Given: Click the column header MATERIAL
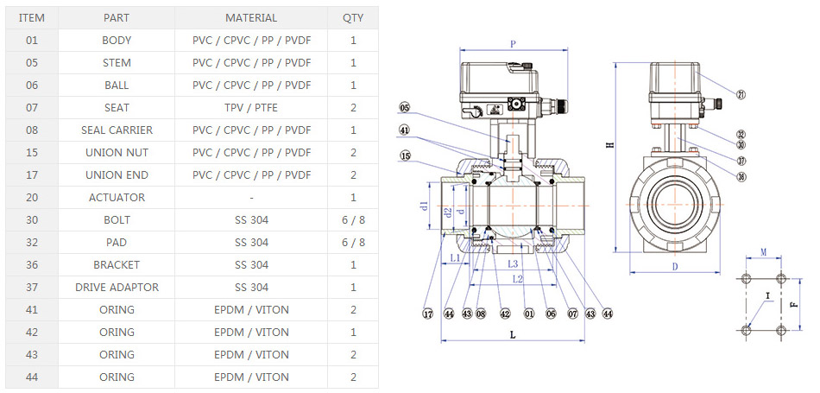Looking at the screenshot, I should point(251,17).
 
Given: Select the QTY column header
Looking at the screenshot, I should point(353,17).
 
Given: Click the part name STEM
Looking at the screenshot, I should point(117,62).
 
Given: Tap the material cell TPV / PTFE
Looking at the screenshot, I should point(251,107).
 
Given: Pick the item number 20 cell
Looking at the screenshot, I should point(32,197).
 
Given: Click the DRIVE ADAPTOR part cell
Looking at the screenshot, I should point(117,287).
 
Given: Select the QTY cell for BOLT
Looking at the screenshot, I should point(353,219).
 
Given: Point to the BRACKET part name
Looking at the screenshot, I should point(117,264).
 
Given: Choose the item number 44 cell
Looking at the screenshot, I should point(32,377).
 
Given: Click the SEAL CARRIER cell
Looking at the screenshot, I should point(117,130).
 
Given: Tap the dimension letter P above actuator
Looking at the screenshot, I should point(513,43).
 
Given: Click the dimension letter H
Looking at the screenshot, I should point(609,145).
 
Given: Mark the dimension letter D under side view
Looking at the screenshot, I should point(674,266).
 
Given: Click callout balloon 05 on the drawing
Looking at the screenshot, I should point(405,108).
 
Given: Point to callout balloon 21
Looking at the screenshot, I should point(741,94).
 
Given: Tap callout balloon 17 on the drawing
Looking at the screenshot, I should point(427,314).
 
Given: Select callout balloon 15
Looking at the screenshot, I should point(405,156).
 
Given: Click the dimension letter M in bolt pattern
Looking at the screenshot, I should point(763,252).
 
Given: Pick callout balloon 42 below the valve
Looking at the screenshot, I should point(505,314).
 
